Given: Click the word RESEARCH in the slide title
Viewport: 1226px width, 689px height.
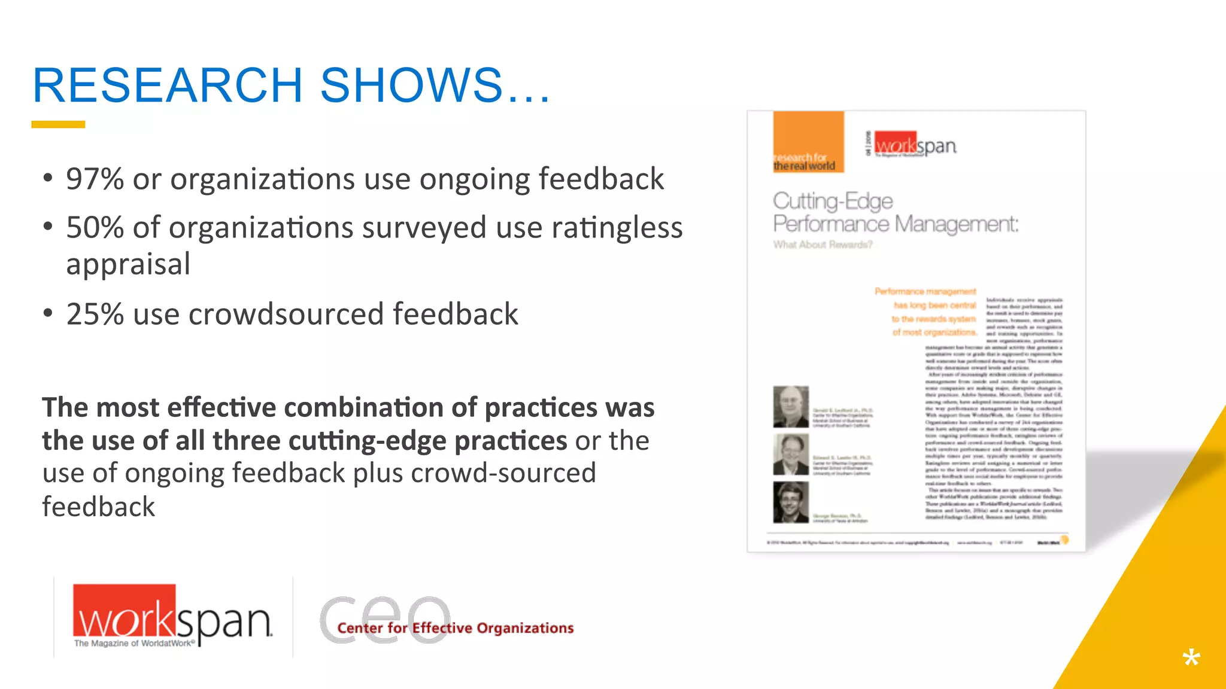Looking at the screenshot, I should pyautogui.click(x=168, y=85).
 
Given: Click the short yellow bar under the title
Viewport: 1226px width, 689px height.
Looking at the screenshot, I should pyautogui.click(x=58, y=124).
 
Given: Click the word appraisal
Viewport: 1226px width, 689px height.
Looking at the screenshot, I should pyautogui.click(x=128, y=264).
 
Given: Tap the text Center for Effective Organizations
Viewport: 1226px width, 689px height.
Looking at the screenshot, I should pyautogui.click(x=455, y=628).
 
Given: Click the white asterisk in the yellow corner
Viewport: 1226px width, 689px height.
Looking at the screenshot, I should pyautogui.click(x=1191, y=658).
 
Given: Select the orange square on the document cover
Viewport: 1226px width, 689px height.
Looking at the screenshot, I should pyautogui.click(x=808, y=142).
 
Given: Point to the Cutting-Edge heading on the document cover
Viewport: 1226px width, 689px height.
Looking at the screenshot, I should pyautogui.click(x=833, y=201).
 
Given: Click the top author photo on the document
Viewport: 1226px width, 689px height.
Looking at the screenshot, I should pyautogui.click(x=791, y=407).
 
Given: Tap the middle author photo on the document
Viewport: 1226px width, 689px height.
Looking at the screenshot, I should pyautogui.click(x=791, y=455).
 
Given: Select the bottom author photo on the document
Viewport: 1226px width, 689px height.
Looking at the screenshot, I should pyautogui.click(x=791, y=502).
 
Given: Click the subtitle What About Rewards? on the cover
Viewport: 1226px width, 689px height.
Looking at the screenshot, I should pyautogui.click(x=823, y=245).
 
